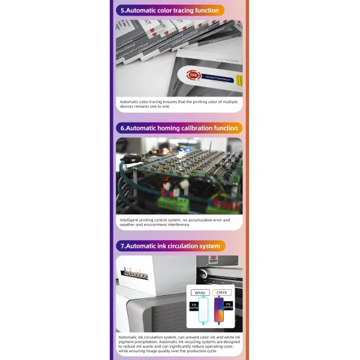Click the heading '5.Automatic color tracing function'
[170, 10]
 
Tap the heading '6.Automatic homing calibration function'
[179, 128]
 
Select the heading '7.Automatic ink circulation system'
[171, 245]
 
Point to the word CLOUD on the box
[231, 61]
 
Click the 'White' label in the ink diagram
[200, 293]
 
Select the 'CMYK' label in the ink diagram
[221, 293]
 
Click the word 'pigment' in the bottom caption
[130, 343]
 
